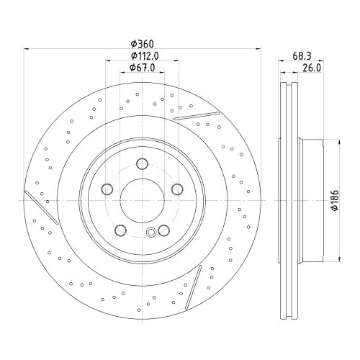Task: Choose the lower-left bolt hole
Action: click(x=121, y=230)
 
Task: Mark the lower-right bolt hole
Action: click(x=164, y=230)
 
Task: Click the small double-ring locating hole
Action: click(x=150, y=233)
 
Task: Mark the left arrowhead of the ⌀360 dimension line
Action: click(x=27, y=49)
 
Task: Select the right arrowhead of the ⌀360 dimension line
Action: click(x=258, y=49)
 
